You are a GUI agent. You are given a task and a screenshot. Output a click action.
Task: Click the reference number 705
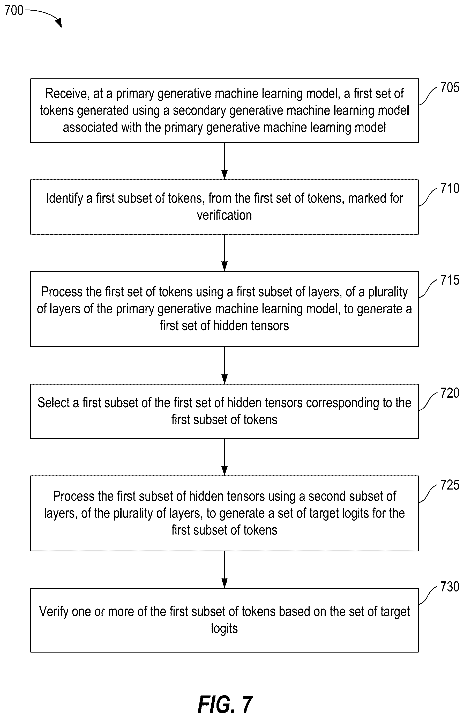(450, 87)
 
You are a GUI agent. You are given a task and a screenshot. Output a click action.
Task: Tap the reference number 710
(450, 188)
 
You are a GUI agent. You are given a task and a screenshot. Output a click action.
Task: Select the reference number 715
(450, 280)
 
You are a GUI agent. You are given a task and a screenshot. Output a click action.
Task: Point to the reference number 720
(450, 393)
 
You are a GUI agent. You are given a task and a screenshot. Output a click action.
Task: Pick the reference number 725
(450, 485)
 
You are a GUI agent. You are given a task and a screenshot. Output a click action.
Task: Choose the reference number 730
(450, 587)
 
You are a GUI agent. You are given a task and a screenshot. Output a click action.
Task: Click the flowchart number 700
(14, 10)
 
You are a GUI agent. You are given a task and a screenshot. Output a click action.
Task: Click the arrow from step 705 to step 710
(224, 161)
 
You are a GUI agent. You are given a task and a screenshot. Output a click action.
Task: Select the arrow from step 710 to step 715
(224, 253)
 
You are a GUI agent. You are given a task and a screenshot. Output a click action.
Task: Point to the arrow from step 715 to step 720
(224, 365)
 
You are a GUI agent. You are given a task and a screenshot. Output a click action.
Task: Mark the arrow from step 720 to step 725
(224, 457)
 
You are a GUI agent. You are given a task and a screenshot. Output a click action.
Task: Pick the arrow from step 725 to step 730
(224, 569)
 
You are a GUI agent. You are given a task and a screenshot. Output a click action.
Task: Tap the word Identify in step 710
(64, 199)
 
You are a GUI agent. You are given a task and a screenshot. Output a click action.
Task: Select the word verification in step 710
(224, 215)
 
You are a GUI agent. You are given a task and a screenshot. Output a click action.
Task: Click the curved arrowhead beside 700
(59, 23)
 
